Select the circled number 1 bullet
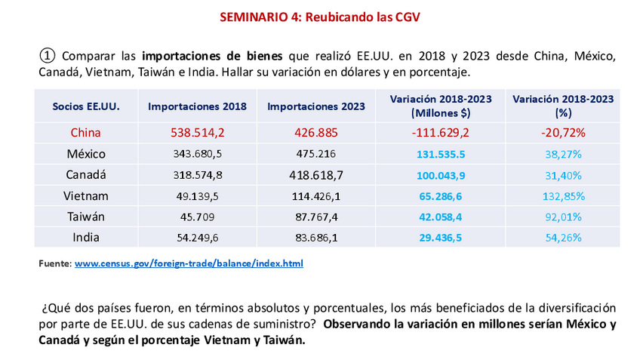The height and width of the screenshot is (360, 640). coord(47,56)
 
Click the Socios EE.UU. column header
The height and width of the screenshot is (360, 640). coord(86,106)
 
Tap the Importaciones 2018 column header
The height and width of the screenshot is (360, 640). coord(197,106)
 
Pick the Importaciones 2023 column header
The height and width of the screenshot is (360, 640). coord(316,106)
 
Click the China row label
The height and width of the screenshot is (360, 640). coord(86,133)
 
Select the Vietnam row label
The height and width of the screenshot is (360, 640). coord(86,195)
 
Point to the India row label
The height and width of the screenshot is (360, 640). coord(86,237)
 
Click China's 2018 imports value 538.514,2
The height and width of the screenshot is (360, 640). coord(197,133)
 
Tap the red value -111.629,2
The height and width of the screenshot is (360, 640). coord(442,133)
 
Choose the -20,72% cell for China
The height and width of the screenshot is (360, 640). coord(562,133)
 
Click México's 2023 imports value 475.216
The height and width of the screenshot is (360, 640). coord(316,154)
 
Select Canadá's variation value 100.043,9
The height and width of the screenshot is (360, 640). coord(442,175)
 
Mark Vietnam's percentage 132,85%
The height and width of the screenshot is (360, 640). coord(562,195)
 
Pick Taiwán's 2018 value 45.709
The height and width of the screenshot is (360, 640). coord(197,217)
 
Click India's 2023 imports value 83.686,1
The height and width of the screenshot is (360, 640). coord(316,237)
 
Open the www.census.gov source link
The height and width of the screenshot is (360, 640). coord(189,264)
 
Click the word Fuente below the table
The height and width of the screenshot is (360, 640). coord(54,264)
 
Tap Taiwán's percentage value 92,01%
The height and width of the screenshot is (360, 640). coord(562,217)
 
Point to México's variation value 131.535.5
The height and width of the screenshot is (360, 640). coord(442,154)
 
